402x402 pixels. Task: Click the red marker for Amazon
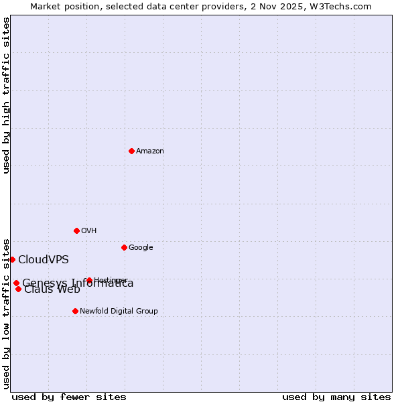pos(131,151)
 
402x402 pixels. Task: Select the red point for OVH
pos(76,230)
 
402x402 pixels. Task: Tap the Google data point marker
pos(124,247)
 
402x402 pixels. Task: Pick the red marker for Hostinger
pos(89,280)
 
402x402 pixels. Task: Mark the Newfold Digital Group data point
pos(75,311)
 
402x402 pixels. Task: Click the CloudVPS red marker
pos(12,259)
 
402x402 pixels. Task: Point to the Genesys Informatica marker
pos(16,283)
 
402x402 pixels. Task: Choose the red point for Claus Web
pos(18,289)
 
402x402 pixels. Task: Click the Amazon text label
pos(150,151)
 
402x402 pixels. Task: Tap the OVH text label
pos(89,231)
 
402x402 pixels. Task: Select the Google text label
pos(141,248)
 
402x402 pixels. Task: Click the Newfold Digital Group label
pos(119,312)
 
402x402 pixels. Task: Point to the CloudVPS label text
pos(44,260)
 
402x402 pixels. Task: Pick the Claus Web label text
pos(52,290)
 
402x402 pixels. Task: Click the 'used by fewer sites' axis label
pos(69,397)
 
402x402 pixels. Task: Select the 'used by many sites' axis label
pos(336,397)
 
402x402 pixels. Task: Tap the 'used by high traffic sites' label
pos(7,95)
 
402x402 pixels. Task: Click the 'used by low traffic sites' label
pos(7,313)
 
